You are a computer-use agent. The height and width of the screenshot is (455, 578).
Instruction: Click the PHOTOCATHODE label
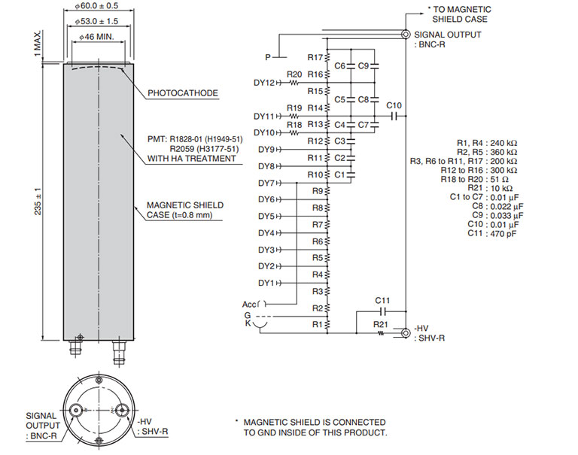pos(183,93)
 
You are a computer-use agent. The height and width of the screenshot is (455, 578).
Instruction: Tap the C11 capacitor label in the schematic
pos(383,300)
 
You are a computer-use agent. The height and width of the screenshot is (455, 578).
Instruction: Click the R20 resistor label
pos(294,74)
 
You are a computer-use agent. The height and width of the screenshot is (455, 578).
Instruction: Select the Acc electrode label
pos(249,304)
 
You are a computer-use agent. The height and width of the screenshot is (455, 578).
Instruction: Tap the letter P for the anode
pos(267,57)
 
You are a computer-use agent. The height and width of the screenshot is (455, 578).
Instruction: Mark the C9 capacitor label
pos(363,66)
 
